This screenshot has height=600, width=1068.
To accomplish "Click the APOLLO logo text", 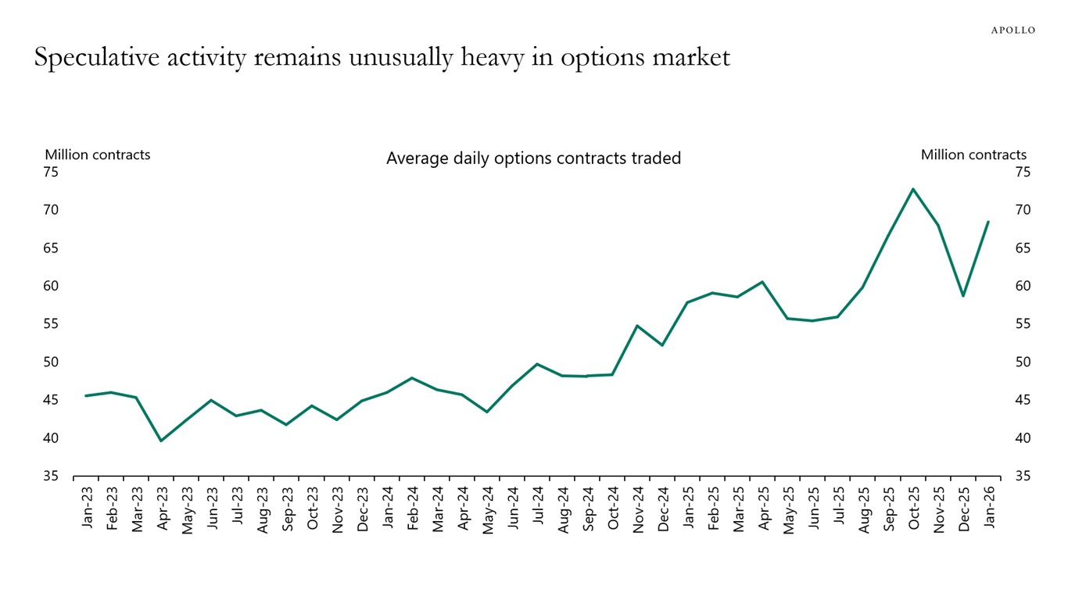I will point(1012,30).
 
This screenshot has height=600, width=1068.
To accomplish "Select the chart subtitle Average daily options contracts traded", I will point(533,159).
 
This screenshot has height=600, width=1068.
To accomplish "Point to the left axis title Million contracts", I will point(97,155).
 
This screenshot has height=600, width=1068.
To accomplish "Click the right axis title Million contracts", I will point(973,155).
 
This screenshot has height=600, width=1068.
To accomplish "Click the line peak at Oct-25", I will point(912,189).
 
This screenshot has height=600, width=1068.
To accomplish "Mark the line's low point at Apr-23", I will point(160,441).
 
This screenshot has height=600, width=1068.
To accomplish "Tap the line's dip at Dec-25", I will point(962,295).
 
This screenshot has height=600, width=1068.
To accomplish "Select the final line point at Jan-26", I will point(987,222).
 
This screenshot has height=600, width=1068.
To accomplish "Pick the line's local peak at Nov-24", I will point(637,326).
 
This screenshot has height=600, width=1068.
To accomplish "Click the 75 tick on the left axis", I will point(50,172).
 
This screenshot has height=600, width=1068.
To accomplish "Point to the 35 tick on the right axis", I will point(1023,477).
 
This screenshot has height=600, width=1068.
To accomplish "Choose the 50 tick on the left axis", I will point(50,362).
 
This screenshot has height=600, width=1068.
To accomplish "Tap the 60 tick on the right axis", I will point(1023,286).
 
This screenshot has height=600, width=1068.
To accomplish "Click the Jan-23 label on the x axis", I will point(87,508).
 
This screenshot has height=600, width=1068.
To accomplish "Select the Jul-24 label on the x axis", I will point(538,508).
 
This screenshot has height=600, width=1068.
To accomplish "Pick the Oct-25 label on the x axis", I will point(913,508).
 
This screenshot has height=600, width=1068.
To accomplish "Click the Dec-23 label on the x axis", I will point(363,508).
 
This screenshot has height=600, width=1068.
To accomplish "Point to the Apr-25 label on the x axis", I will point(763,508).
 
